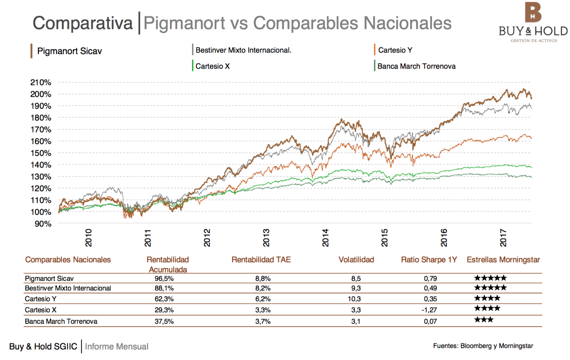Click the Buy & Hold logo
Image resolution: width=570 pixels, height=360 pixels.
point(533,22)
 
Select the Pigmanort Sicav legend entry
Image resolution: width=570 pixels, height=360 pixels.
point(69,51)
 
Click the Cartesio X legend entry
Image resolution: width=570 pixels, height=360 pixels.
point(212,66)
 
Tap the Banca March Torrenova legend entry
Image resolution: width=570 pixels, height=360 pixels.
point(416,66)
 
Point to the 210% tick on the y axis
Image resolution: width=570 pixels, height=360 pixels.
point(41,82)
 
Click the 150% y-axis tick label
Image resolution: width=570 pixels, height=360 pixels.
point(41,153)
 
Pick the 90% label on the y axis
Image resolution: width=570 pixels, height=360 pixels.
point(43,224)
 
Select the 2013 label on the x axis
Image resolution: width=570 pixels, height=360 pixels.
point(266,238)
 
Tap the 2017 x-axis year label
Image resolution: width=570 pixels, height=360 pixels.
point(503,238)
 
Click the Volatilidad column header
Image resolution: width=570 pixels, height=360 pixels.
point(356,260)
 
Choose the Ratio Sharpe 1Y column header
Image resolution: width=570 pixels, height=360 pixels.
point(429,260)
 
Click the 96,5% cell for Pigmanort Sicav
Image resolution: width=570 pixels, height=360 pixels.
point(164,279)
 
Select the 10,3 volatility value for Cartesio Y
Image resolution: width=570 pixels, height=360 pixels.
point(354,299)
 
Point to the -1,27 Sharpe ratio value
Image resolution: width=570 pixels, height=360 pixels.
point(429,310)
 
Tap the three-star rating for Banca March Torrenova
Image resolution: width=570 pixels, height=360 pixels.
point(484,320)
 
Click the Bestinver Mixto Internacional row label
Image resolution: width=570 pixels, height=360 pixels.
point(68,288)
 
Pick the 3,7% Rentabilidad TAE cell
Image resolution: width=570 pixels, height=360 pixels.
point(263,321)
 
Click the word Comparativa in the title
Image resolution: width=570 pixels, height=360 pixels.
point(83,23)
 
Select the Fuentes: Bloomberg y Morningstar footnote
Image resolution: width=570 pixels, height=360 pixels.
point(483,346)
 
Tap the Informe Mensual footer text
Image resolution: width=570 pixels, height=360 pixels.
point(117,346)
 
